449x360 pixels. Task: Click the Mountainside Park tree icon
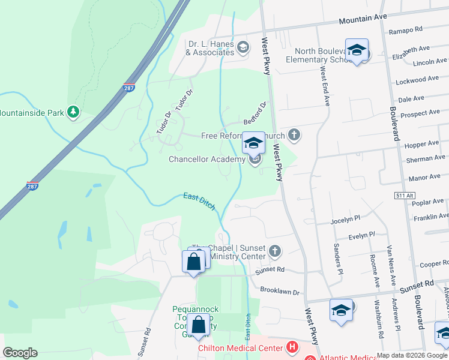[x=73, y=112]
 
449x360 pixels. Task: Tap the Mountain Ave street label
[x=363, y=19]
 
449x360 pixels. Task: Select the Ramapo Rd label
[x=406, y=29]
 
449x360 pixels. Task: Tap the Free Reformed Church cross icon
[x=294, y=134]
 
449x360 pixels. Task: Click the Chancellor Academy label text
[x=206, y=160]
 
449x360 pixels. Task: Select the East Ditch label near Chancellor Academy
[x=199, y=201]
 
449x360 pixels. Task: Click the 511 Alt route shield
[x=405, y=196]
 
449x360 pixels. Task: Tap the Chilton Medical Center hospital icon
[x=292, y=347]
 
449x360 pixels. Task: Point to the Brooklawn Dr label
[x=279, y=290]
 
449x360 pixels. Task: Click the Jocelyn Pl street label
[x=345, y=221]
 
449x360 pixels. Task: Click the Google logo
[x=20, y=353]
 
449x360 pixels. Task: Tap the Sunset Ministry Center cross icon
[x=275, y=251]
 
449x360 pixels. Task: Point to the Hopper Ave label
[x=421, y=145]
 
